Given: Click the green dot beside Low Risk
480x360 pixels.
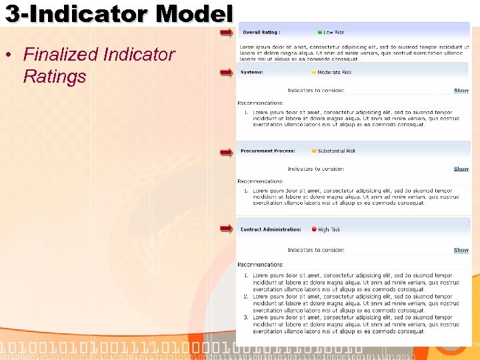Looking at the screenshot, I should point(320,32).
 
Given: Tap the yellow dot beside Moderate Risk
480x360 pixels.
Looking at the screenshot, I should point(314,72).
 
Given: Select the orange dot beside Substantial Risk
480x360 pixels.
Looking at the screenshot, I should point(314,151).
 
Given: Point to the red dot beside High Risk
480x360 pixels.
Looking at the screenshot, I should point(314,229).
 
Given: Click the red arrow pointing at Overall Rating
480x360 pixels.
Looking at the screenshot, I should point(227,32).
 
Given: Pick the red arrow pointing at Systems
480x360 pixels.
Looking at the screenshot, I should point(227,73).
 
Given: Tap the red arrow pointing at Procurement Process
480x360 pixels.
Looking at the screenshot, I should point(227,152).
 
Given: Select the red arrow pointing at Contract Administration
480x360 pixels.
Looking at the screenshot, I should point(227,229).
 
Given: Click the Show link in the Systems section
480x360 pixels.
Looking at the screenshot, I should point(461,91).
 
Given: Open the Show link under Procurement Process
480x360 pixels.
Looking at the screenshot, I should point(461,169).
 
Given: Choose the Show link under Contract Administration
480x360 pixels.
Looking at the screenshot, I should point(461,250).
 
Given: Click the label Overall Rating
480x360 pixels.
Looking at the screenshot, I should point(261,32).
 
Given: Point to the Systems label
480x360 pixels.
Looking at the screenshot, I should point(252,72).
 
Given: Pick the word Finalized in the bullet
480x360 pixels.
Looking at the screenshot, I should point(60,55).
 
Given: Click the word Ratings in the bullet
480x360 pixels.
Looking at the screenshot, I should point(55,77).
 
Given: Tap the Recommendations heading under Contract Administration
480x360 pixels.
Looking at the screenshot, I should point(260,265).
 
